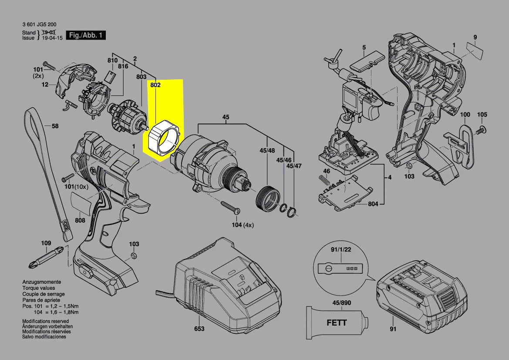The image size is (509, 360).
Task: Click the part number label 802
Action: tap(155, 85)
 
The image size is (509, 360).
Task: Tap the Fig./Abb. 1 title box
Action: tap(85, 35)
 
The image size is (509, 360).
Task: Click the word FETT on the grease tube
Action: tap(337, 323)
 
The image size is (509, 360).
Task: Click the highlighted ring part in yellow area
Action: tap(163, 139)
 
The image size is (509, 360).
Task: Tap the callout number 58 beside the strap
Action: tap(55, 126)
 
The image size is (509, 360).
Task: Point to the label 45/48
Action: tap(267, 151)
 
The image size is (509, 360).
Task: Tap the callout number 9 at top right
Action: tap(475, 37)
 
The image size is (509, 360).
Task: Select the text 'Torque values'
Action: tap(39, 288)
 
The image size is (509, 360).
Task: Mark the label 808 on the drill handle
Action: tap(80, 221)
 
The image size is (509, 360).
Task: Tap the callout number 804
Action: tap(373, 204)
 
